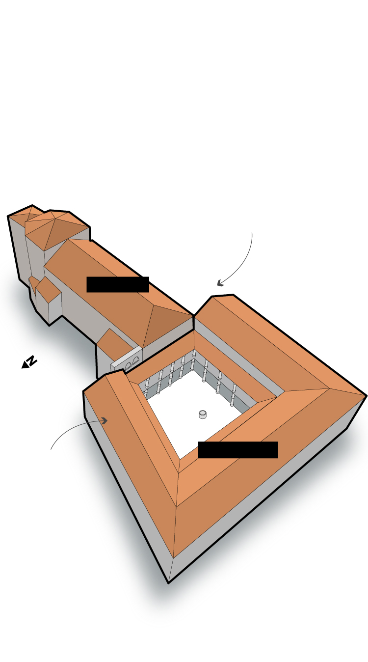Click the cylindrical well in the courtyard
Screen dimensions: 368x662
coord(203,414)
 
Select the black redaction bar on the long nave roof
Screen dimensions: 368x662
coord(118,285)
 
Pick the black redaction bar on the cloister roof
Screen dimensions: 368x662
coord(238,450)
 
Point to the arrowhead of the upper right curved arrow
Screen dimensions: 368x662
coord(220,283)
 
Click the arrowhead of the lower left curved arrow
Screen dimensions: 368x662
coord(104,420)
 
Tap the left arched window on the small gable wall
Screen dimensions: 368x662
coord(128,367)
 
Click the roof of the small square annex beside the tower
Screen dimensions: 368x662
coord(48,288)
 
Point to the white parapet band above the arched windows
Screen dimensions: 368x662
coord(127,358)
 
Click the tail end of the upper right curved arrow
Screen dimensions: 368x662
coord(252,233)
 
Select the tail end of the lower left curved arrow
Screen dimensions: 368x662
coord(51,449)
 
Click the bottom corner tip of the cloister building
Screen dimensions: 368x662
coord(169,583)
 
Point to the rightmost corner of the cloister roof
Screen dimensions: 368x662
coord(367,395)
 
